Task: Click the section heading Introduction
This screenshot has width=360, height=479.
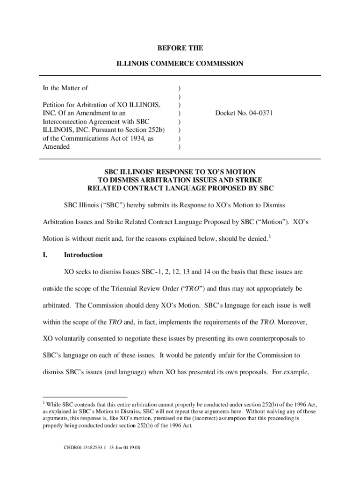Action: (83, 255)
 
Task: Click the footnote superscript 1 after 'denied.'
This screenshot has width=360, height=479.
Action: (270, 236)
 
